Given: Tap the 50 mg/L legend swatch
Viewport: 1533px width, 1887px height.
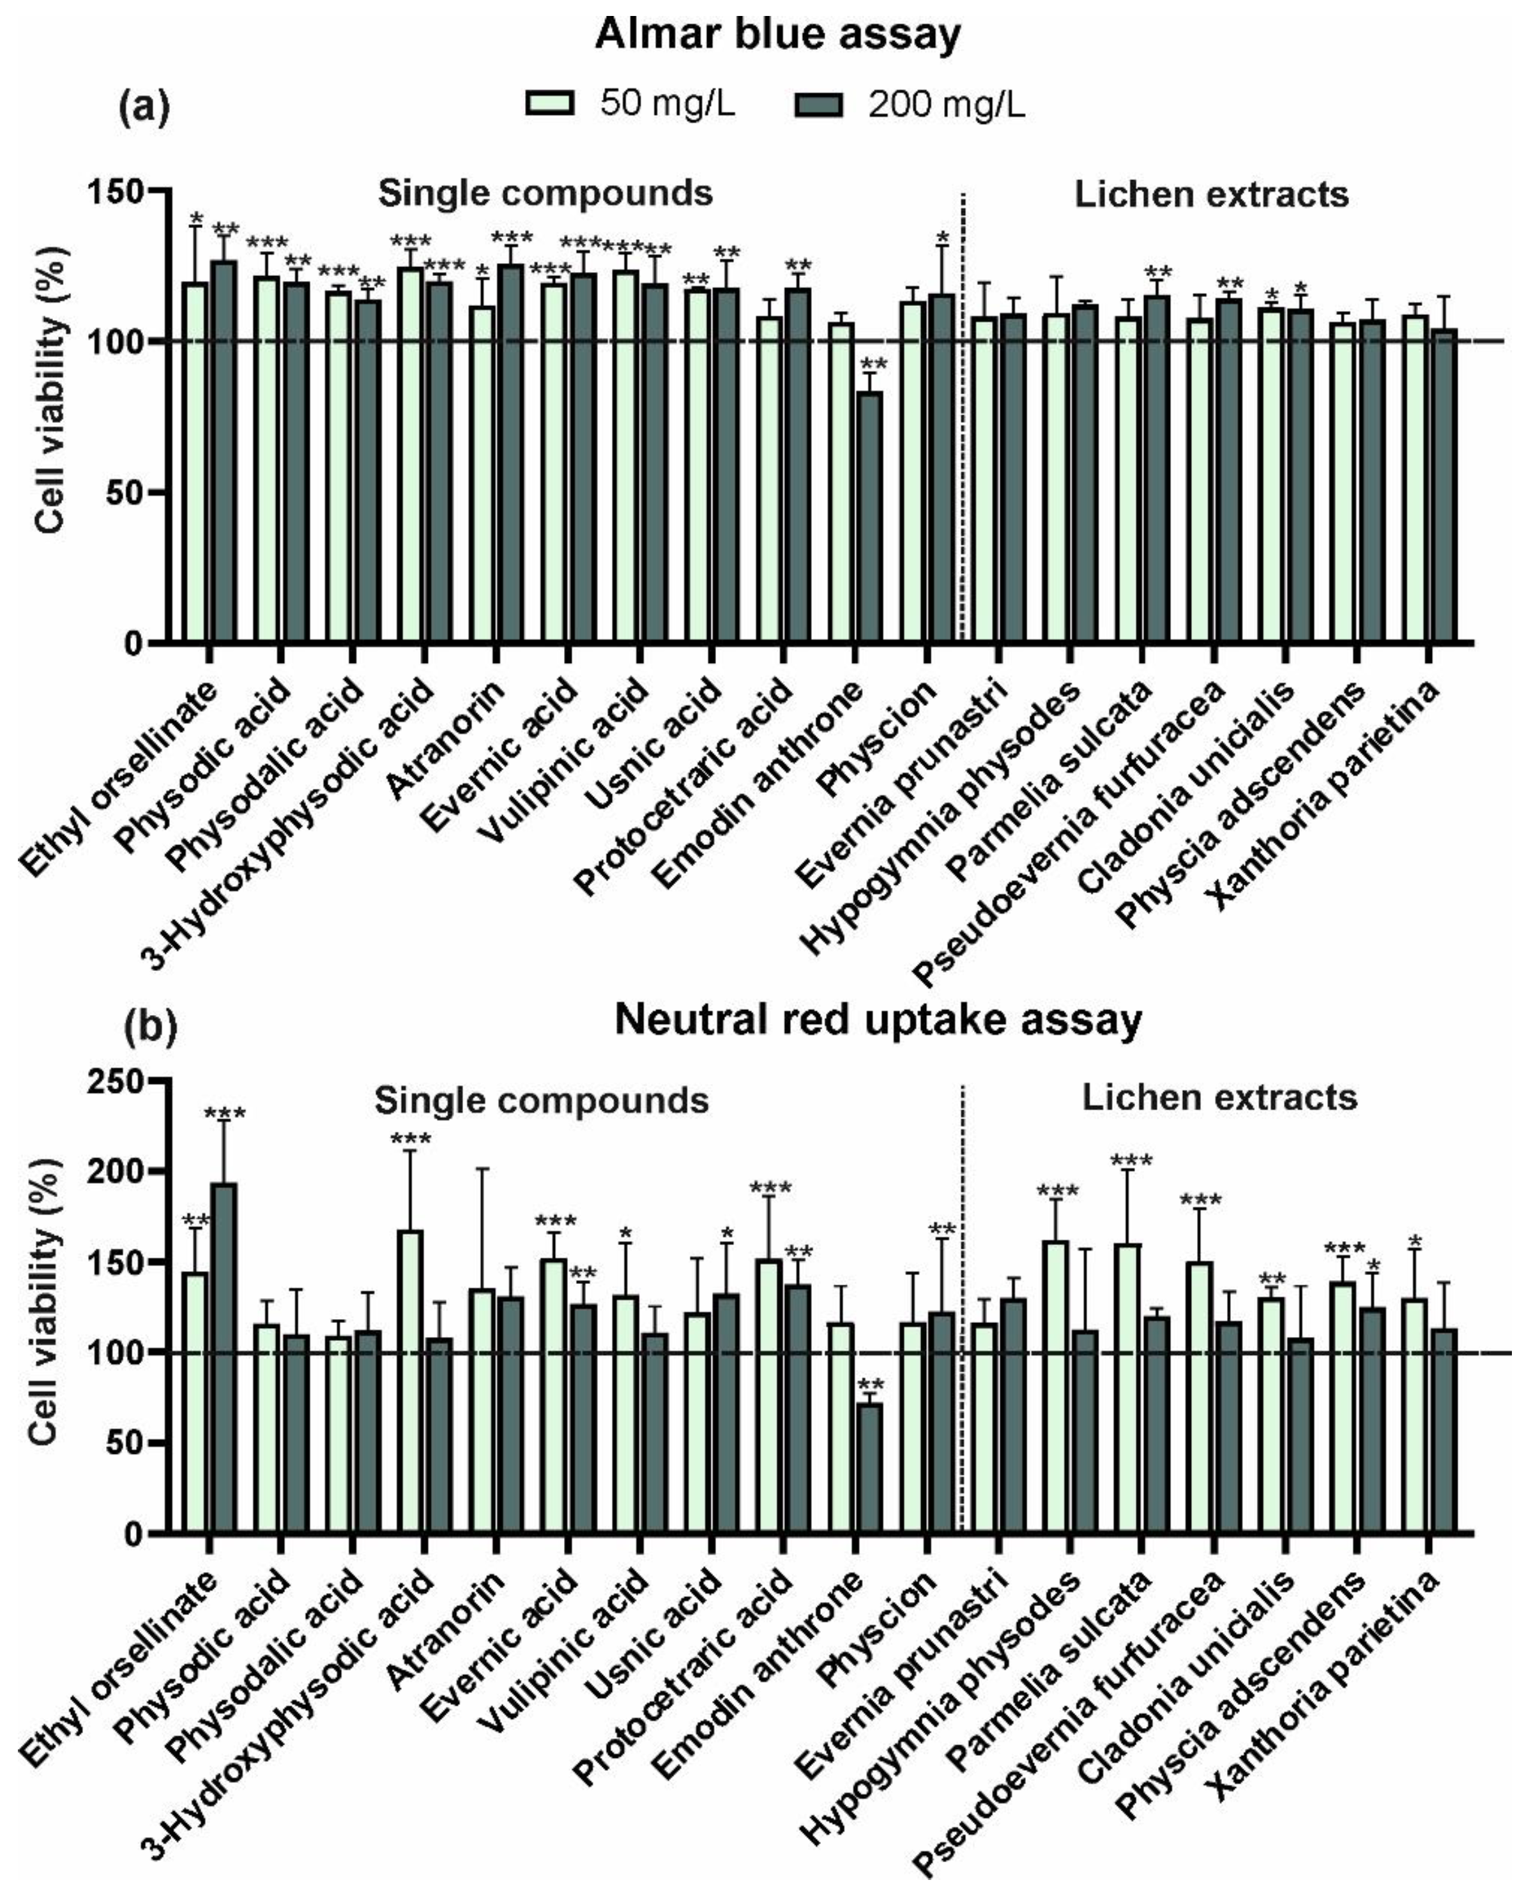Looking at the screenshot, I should click(550, 104).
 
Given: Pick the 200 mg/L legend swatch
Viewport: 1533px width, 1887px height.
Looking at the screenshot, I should click(819, 104).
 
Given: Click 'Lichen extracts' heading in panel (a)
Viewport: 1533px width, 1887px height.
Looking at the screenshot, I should click(1212, 195).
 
